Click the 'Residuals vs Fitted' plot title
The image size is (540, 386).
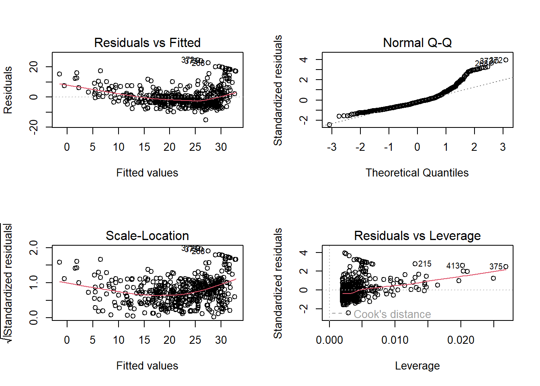click(147, 43)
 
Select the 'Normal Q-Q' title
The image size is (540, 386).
click(417, 43)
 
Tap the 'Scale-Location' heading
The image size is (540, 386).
click(147, 236)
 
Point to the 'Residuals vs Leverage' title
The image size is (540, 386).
click(417, 236)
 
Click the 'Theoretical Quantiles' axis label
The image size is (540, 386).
click(417, 173)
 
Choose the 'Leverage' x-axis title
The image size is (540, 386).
click(417, 366)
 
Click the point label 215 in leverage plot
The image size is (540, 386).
click(425, 264)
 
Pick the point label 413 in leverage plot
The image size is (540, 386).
click(453, 266)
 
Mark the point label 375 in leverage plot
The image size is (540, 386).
click(496, 267)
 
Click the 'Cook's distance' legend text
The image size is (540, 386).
click(392, 314)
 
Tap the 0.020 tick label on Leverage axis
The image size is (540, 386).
click(460, 340)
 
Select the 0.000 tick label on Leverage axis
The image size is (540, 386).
click(329, 340)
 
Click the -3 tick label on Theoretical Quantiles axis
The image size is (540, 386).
click(331, 147)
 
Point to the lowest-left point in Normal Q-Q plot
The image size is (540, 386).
click(329, 125)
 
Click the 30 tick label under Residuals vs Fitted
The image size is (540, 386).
click(221, 147)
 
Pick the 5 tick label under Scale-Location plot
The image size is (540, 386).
click(93, 340)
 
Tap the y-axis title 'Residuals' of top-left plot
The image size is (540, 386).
click(8, 90)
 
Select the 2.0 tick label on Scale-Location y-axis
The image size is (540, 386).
click(34, 247)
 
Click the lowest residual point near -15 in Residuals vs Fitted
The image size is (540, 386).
click(206, 120)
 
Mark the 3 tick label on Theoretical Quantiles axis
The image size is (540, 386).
click(503, 147)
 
